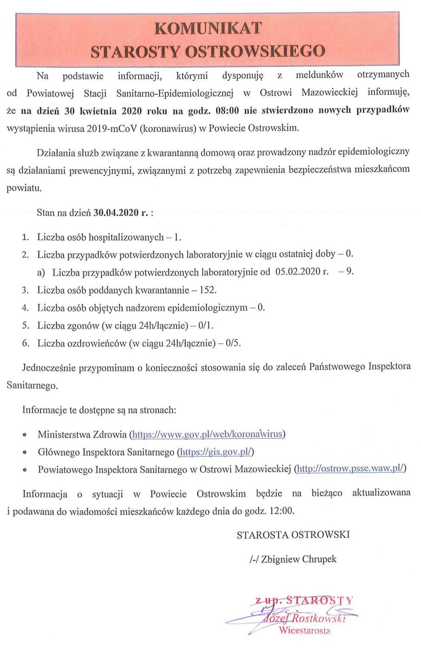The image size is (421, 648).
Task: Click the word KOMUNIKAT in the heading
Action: point(208,28)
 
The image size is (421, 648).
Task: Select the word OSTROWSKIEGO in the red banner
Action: point(255,51)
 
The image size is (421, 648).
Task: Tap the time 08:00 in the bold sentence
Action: point(227,110)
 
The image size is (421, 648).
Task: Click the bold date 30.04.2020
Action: point(116,213)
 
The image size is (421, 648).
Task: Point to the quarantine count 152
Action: point(208,290)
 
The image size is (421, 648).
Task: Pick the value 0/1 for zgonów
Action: point(206,325)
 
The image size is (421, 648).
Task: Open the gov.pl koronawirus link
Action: point(207,434)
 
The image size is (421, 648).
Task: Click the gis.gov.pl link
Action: point(216,452)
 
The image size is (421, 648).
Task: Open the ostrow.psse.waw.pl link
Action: point(350,469)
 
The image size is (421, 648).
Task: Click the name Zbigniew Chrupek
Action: point(299,559)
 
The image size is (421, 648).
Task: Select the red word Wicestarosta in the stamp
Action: point(304,631)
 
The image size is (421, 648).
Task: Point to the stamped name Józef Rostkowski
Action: point(304,618)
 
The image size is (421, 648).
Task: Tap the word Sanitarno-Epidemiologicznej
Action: point(175,93)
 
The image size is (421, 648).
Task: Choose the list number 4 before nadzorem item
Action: point(25,308)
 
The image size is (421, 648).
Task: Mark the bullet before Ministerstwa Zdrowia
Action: point(25,435)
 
